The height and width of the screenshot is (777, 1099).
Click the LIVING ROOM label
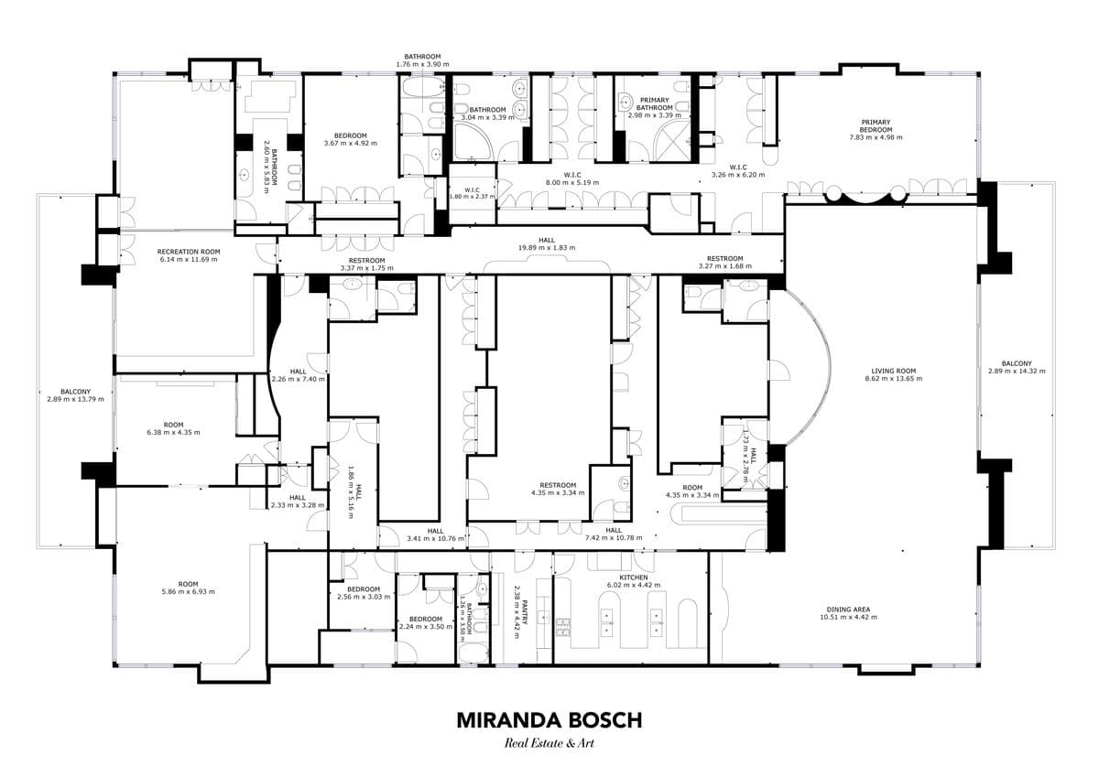tap(894, 371)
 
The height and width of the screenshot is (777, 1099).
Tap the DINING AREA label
tap(848, 610)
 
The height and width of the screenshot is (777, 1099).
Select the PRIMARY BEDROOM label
tap(876, 126)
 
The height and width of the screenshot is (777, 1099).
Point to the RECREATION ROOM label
tap(189, 252)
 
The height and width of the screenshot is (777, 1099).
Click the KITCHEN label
tap(634, 577)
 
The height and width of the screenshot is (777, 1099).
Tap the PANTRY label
tap(525, 611)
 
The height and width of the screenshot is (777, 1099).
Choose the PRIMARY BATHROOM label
tap(655, 104)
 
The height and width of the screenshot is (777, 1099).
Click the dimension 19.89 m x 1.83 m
tap(547, 248)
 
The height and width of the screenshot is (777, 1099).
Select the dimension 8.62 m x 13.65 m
tap(894, 379)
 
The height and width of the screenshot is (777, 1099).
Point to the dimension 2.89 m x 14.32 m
tap(1017, 371)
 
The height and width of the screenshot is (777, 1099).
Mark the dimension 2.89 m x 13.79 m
tap(75, 400)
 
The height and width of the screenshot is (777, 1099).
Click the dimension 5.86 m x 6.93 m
tap(189, 592)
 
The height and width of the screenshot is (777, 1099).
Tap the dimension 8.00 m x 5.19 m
tap(572, 183)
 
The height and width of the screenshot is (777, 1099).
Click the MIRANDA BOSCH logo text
tap(549, 720)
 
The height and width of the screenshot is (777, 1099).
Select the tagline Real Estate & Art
tap(549, 744)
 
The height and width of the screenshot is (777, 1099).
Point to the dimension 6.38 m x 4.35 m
tap(173, 433)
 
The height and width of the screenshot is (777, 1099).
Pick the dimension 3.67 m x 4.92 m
tap(350, 144)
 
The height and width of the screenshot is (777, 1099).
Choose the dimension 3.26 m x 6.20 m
tap(738, 175)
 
